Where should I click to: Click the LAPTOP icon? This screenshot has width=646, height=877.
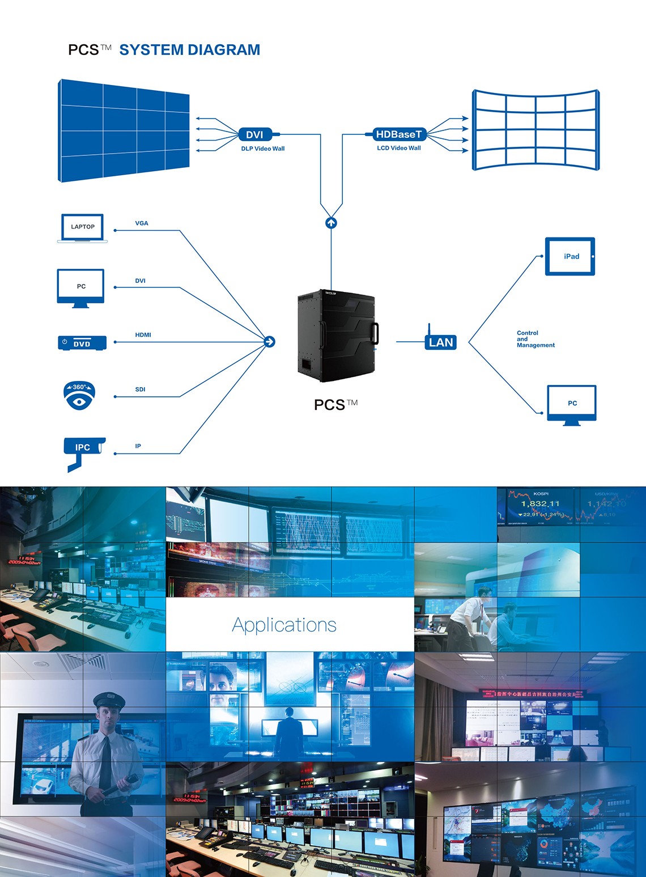coord(83,228)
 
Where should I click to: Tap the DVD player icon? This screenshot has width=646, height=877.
coord(82,343)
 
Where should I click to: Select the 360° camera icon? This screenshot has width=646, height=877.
coord(79,395)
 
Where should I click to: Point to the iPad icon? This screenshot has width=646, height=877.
coord(570,256)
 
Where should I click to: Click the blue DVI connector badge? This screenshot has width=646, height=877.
coord(255,134)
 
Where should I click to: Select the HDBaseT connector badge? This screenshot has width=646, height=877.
coord(399,134)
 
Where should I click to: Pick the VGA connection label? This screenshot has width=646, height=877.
coord(142,223)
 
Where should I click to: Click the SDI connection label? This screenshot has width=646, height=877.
coord(140,389)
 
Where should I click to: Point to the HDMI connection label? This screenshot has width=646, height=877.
coord(143,335)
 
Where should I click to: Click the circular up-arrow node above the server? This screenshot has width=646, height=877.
coord(331,223)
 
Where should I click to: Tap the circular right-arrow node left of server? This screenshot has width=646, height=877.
coord(270,341)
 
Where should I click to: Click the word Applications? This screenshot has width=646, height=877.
coord(284,625)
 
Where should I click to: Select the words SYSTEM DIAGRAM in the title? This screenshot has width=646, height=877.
coord(189,50)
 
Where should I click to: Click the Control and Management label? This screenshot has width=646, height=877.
coord(535,339)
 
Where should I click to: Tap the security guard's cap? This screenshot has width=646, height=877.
coord(108,700)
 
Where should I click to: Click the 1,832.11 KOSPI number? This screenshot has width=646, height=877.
coord(540,503)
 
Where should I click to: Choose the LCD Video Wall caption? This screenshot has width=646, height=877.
coord(399,148)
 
